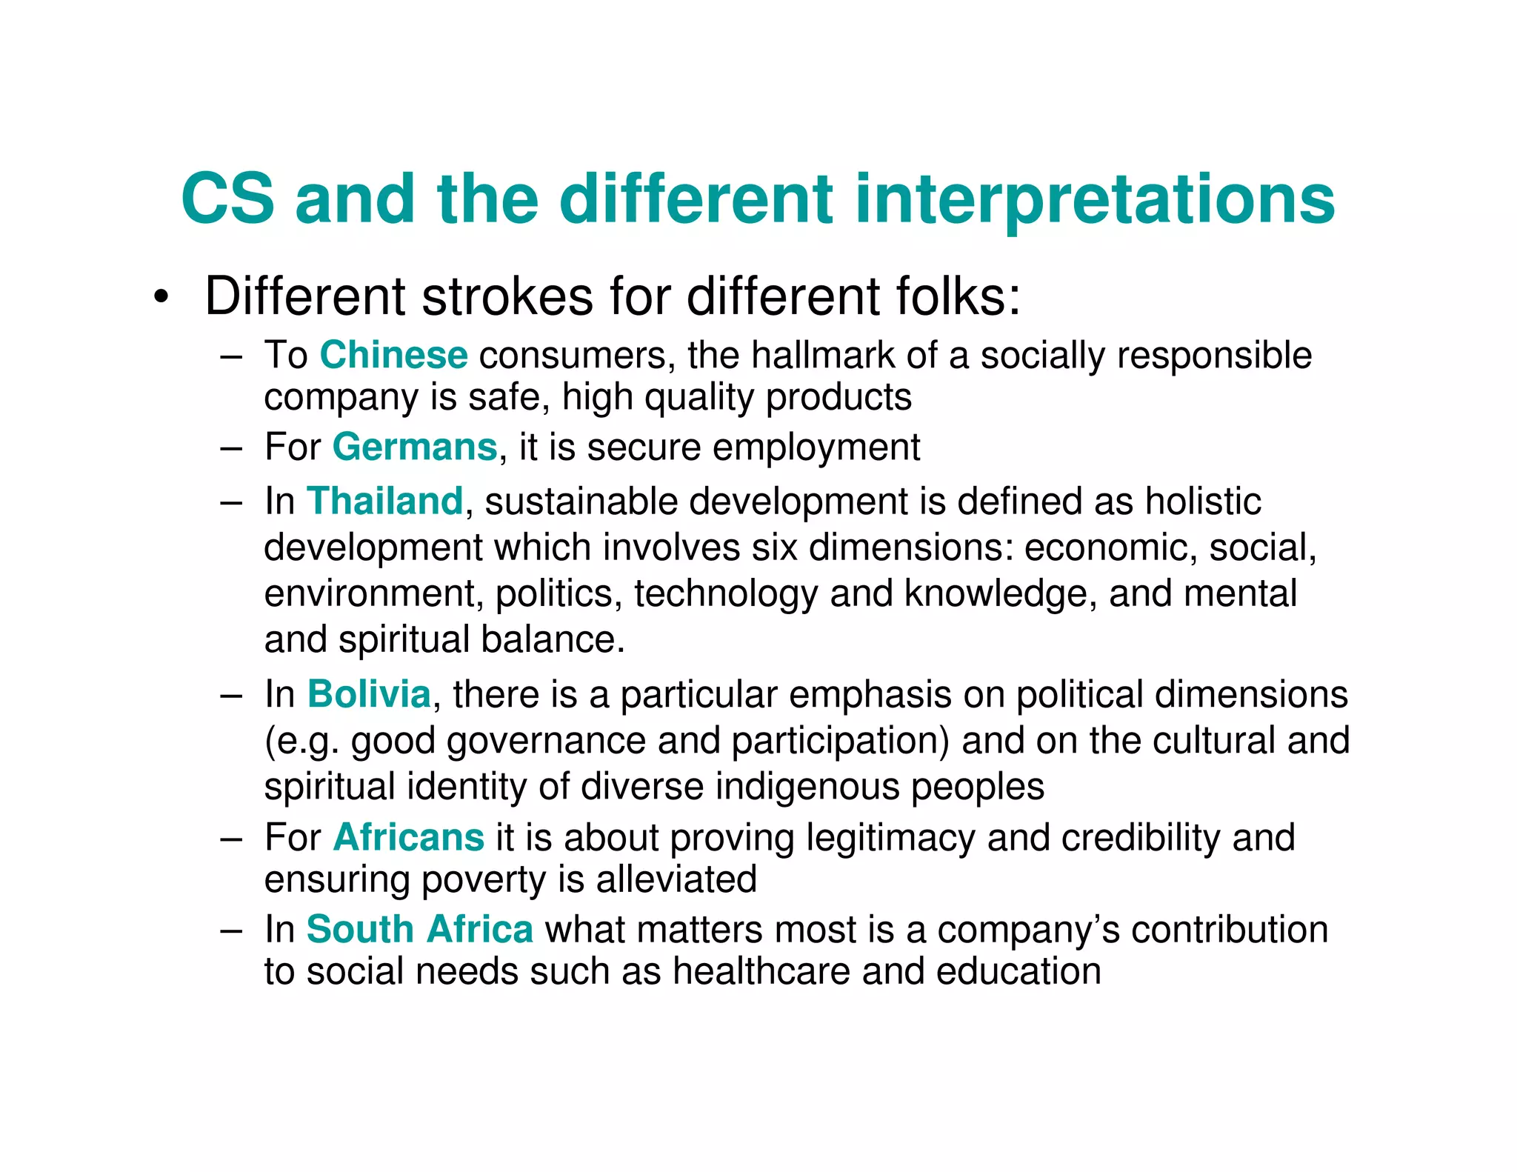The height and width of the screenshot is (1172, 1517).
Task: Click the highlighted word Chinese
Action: (x=393, y=355)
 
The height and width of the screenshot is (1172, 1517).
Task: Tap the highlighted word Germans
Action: (x=415, y=447)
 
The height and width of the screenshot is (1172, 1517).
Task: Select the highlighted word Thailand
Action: (x=384, y=501)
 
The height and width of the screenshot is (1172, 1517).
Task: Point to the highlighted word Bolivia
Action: (x=369, y=694)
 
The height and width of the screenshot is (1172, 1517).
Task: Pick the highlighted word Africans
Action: (x=409, y=837)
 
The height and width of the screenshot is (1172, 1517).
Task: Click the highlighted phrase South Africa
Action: (x=419, y=929)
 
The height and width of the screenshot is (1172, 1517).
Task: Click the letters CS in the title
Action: (x=227, y=199)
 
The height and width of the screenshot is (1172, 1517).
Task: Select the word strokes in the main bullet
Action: (x=507, y=296)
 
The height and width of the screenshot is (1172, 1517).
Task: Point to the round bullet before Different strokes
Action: (x=161, y=299)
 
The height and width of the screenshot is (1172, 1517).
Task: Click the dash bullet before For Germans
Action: (x=231, y=448)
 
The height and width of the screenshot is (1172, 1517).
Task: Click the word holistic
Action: (x=1203, y=501)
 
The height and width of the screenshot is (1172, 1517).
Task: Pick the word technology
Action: (x=726, y=593)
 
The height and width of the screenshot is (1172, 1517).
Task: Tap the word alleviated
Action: (x=676, y=879)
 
